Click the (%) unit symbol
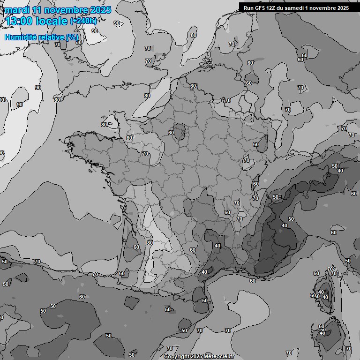click(x=72, y=37)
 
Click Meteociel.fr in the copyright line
click(x=218, y=356)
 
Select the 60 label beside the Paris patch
click(x=171, y=133)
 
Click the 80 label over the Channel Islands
click(x=104, y=125)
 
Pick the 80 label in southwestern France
click(x=150, y=243)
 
